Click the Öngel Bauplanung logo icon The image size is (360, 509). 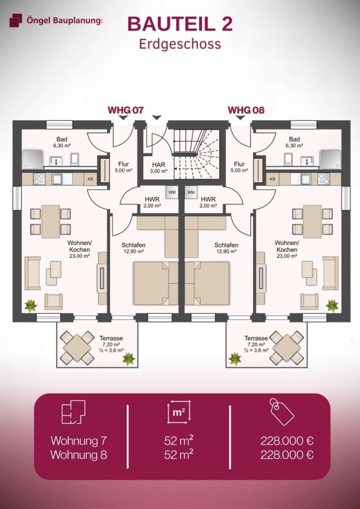pyautogui.click(x=16, y=20)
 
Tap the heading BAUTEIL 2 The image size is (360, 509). pyautogui.click(x=180, y=24)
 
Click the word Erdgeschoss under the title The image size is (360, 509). pyautogui.click(x=180, y=44)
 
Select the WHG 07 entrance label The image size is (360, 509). pyautogui.click(x=126, y=110)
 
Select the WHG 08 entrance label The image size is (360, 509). pyautogui.click(x=246, y=110)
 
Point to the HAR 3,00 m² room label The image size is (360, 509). pyautogui.click(x=158, y=168)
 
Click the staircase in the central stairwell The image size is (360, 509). pyautogui.click(x=196, y=154)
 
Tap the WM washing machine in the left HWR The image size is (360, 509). pyautogui.click(x=172, y=192)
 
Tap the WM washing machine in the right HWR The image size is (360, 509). pyautogui.click(x=191, y=192)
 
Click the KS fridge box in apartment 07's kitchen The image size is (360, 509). pyautogui.click(x=90, y=179)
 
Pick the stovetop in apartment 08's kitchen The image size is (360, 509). pyautogui.click(x=324, y=179)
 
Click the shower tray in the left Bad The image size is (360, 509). pyautogui.click(x=32, y=159)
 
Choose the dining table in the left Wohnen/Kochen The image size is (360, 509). pyautogui.click(x=51, y=221)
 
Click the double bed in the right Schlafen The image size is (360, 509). pyautogui.click(x=208, y=283)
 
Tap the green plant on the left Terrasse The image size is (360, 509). pyautogui.click(x=128, y=359)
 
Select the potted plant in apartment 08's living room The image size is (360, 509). pyautogui.click(x=332, y=305)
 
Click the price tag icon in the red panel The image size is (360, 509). pyautogui.click(x=282, y=412)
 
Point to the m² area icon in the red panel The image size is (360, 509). pyautogui.click(x=179, y=412)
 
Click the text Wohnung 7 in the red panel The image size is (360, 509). pyautogui.click(x=79, y=441)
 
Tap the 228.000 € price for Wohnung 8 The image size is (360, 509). pyautogui.click(x=287, y=455)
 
